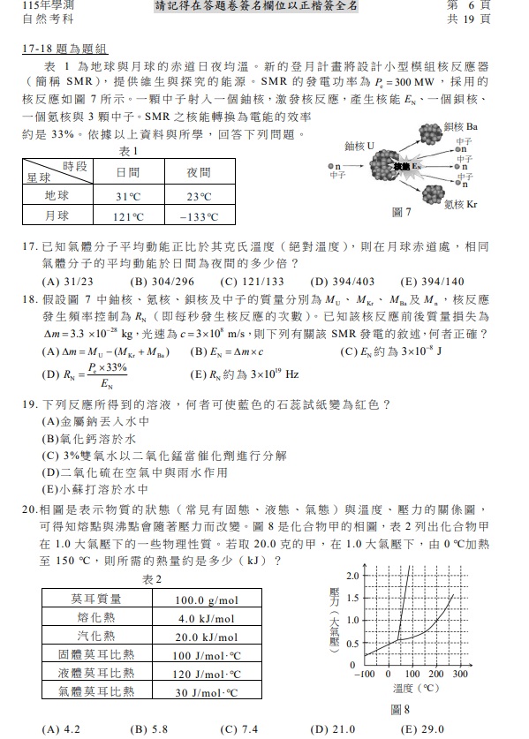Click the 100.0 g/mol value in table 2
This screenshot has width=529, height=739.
(x=207, y=599)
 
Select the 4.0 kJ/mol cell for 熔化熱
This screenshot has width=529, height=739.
(x=207, y=618)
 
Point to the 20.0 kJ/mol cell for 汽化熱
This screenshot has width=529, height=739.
(x=207, y=637)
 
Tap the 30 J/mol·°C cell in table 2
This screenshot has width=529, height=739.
(x=207, y=692)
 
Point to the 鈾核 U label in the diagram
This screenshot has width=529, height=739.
(x=359, y=146)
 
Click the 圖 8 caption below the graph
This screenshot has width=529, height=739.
(x=400, y=709)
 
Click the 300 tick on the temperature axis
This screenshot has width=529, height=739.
(x=459, y=674)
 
